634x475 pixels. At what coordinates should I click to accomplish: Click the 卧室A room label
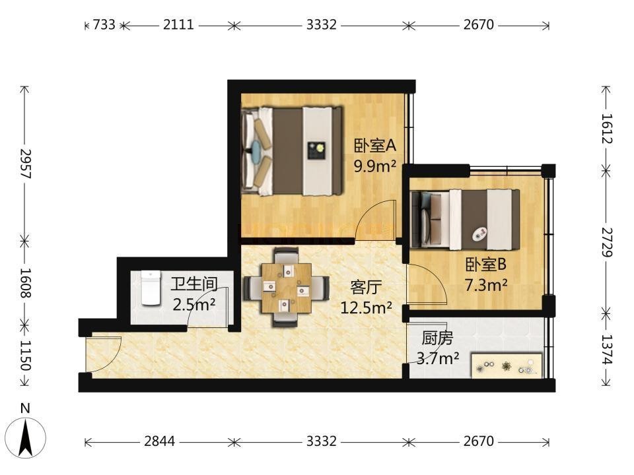(x=375, y=146)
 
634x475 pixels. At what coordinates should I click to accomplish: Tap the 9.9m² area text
(x=375, y=166)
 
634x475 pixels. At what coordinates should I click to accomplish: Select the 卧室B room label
(x=485, y=265)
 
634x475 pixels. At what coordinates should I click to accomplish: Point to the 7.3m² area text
(x=485, y=285)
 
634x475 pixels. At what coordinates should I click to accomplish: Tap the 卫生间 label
(x=194, y=284)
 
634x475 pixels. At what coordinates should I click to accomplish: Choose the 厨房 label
(x=437, y=338)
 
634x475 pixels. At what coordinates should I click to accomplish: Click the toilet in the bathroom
(x=151, y=288)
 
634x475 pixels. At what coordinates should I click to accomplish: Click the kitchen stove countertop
(x=507, y=366)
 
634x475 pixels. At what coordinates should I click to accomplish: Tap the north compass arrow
(x=26, y=438)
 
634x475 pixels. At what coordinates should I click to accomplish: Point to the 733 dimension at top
(x=104, y=24)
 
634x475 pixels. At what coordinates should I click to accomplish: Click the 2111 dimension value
(x=178, y=24)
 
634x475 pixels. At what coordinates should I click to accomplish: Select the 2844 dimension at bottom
(x=160, y=441)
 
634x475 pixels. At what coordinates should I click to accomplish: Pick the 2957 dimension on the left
(x=25, y=164)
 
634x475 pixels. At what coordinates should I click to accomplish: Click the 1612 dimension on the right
(x=606, y=129)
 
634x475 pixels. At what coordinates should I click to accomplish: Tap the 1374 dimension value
(x=606, y=350)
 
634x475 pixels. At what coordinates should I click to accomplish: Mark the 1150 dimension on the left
(x=25, y=356)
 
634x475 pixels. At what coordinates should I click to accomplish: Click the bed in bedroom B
(x=465, y=220)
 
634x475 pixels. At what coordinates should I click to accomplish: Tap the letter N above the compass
(x=26, y=408)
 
